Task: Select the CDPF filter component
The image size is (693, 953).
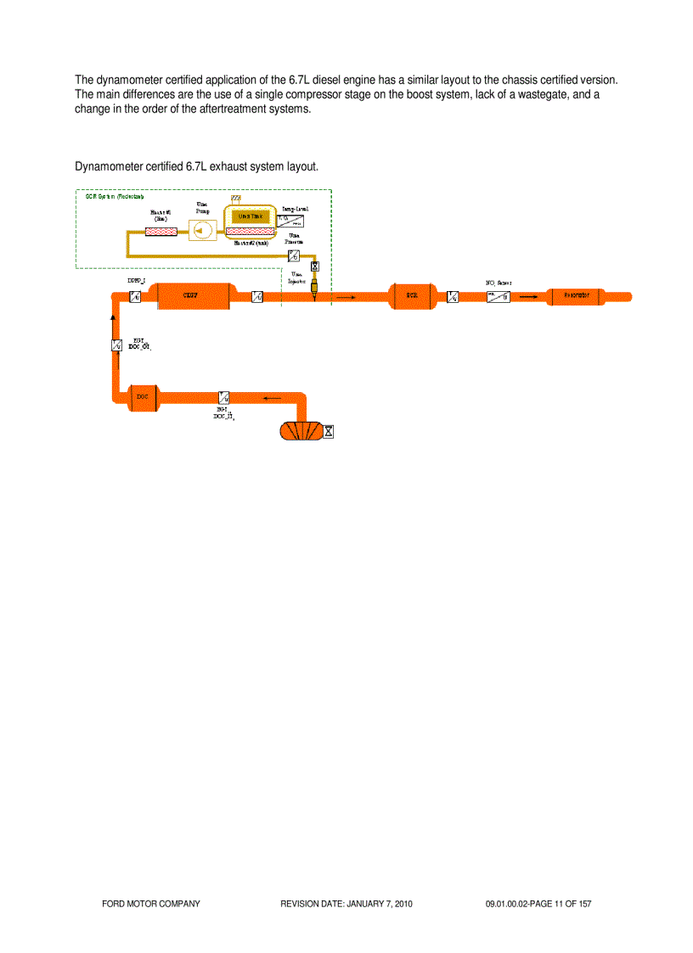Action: (194, 295)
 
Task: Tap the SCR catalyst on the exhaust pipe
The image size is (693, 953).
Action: (412, 295)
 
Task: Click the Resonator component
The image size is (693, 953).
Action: (577, 295)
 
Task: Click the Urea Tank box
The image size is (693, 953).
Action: (251, 217)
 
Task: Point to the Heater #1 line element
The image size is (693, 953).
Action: (161, 231)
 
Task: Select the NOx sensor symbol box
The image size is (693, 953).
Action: (498, 297)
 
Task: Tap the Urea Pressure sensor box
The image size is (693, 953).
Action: (294, 255)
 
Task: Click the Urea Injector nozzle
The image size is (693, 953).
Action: (314, 288)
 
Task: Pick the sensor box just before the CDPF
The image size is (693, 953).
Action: (135, 296)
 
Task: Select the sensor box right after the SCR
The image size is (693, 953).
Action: (453, 297)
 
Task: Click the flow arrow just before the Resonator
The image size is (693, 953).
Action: (528, 296)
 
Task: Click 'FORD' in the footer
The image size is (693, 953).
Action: (114, 905)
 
